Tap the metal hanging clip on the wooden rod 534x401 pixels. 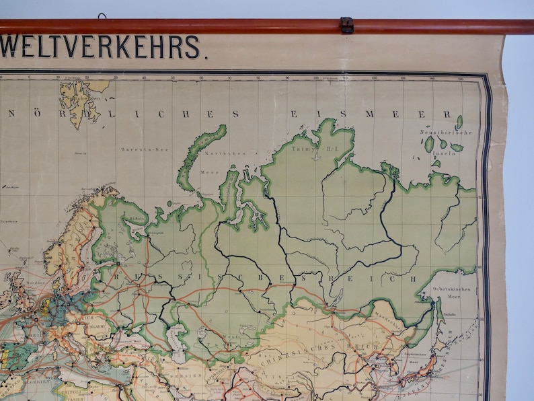click(x=346, y=25)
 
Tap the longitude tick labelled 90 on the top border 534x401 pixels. click(x=287, y=78)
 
